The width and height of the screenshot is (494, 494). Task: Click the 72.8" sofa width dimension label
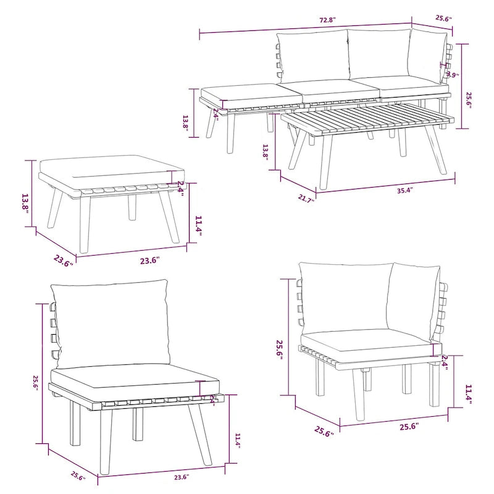pos(327,20)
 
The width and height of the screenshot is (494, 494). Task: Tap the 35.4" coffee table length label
pos(405,190)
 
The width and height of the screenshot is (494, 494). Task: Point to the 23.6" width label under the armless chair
pos(181,477)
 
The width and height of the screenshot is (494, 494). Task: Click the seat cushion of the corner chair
pos(369,341)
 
